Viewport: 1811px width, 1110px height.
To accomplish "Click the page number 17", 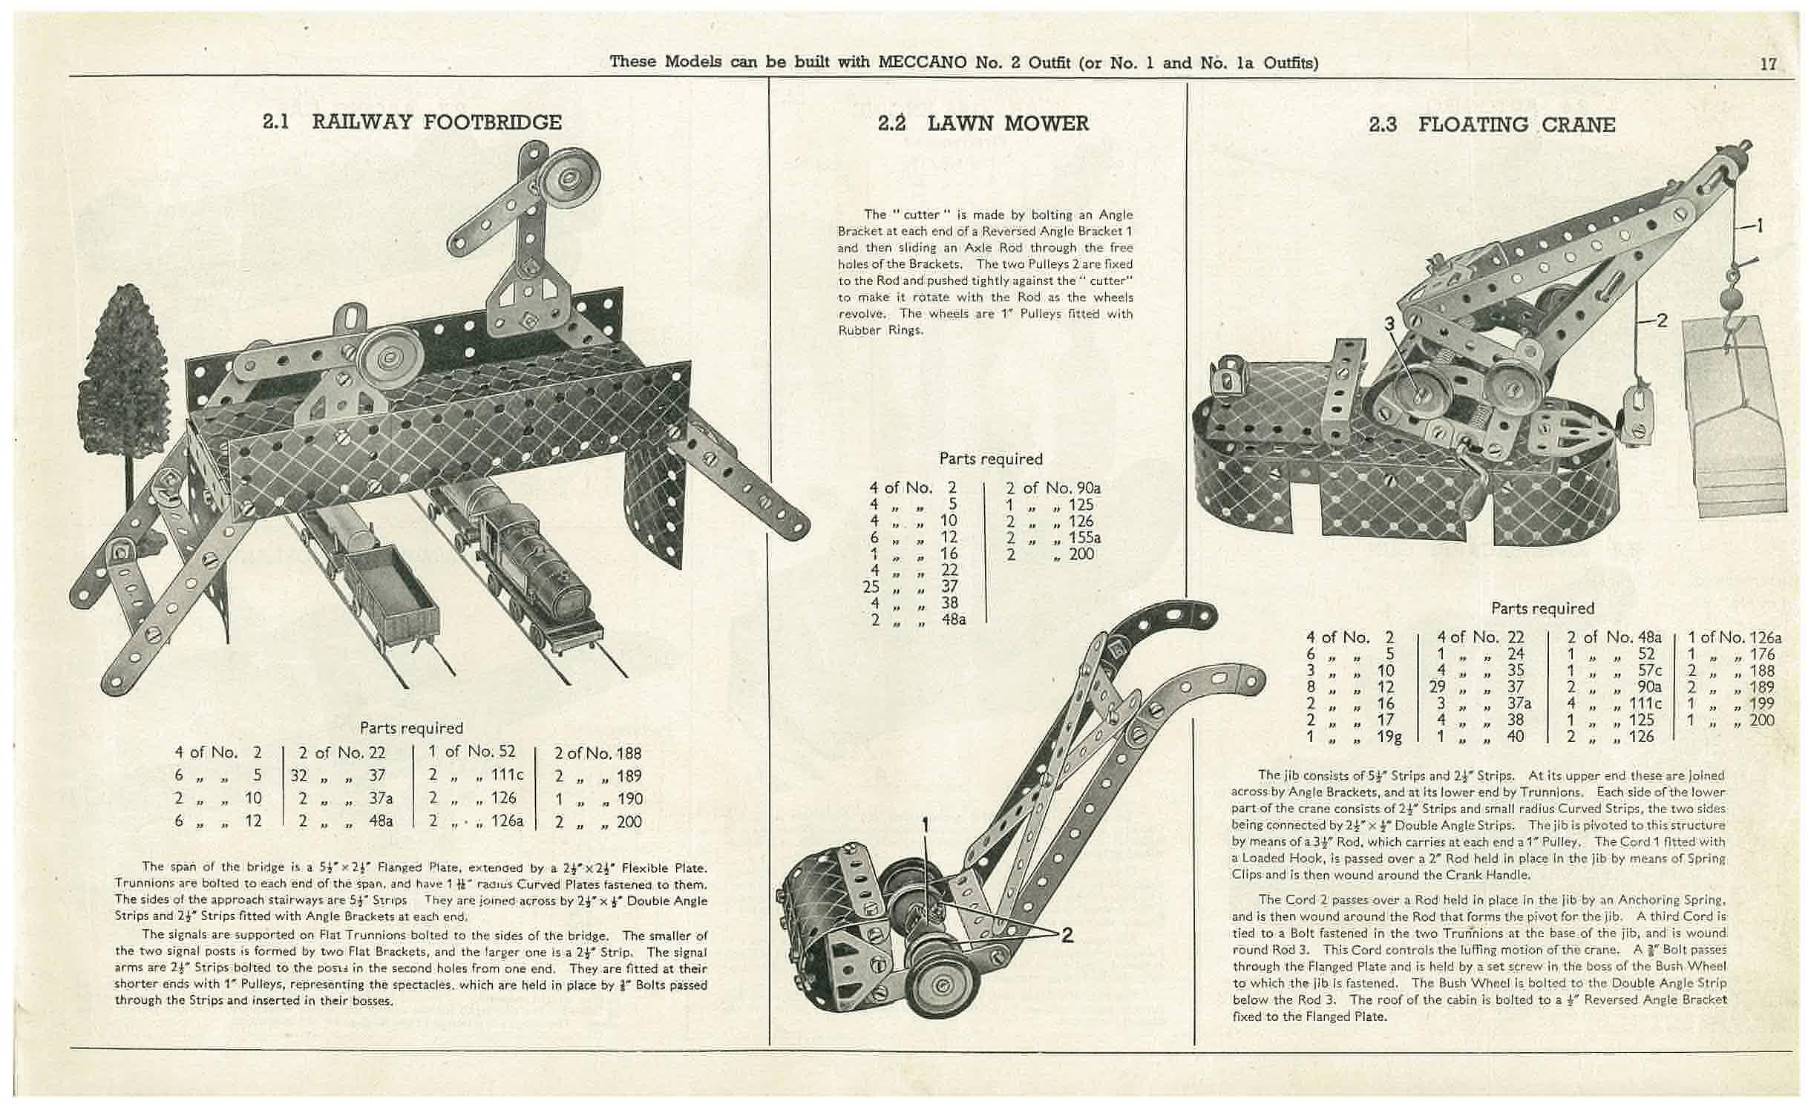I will click(x=1769, y=64).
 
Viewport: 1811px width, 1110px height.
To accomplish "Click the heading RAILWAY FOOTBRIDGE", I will click(x=436, y=122).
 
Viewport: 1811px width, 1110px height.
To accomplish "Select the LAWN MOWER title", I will click(x=1007, y=124).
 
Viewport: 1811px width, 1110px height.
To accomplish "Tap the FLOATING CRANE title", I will click(x=1516, y=125).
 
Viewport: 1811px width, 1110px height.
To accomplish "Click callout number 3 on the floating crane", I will click(x=1389, y=324).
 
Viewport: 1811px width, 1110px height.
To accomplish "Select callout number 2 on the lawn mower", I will click(x=1067, y=936).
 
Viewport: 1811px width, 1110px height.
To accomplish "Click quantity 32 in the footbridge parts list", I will click(x=299, y=776).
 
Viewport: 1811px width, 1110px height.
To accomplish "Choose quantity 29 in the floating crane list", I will click(x=1436, y=687).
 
